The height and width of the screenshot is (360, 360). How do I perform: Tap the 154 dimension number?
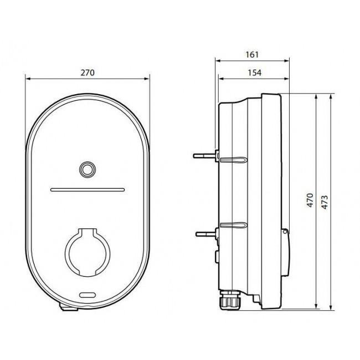(x=254, y=72)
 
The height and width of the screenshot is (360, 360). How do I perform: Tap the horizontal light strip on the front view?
(x=88, y=189)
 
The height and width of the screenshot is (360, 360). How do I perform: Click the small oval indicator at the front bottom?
(x=88, y=296)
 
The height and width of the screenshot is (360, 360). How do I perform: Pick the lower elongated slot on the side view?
(x=233, y=226)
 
